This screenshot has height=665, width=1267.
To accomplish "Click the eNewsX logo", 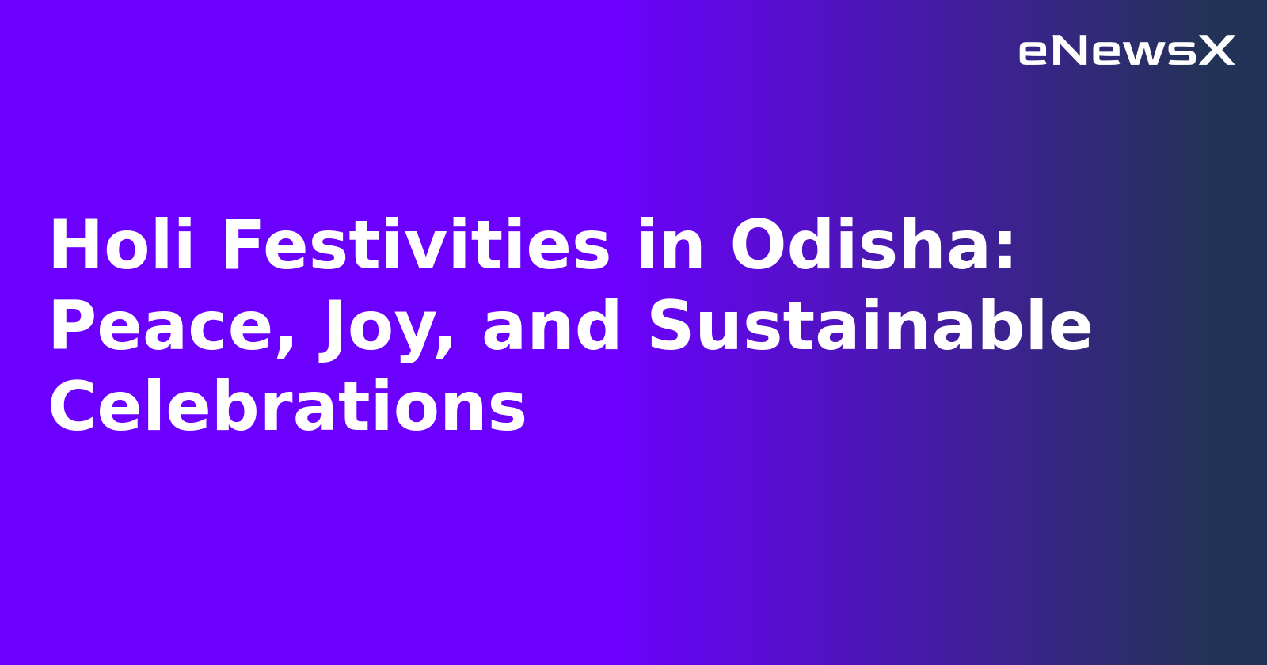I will [x=1126, y=51].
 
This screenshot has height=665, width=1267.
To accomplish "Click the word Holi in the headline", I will [x=121, y=246].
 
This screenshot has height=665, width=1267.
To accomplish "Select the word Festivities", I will [x=416, y=246].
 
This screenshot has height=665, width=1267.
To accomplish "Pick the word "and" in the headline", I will [x=551, y=327].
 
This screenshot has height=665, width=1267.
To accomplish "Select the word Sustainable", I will [x=869, y=327].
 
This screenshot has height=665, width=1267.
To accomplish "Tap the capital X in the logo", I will [x=1216, y=51].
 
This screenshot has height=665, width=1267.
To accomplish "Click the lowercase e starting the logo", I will [x=1032, y=53].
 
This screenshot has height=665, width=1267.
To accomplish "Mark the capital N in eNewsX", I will [x=1068, y=51].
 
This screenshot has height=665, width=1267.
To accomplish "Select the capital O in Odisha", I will [x=759, y=246].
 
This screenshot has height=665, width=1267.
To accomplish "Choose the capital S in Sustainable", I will [x=674, y=327].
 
